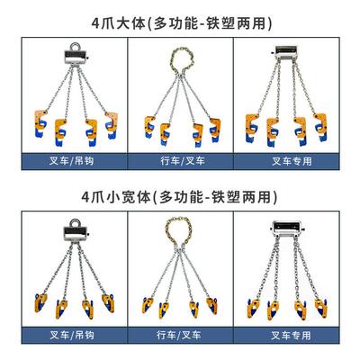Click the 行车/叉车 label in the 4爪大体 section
(x=180, y=163)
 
